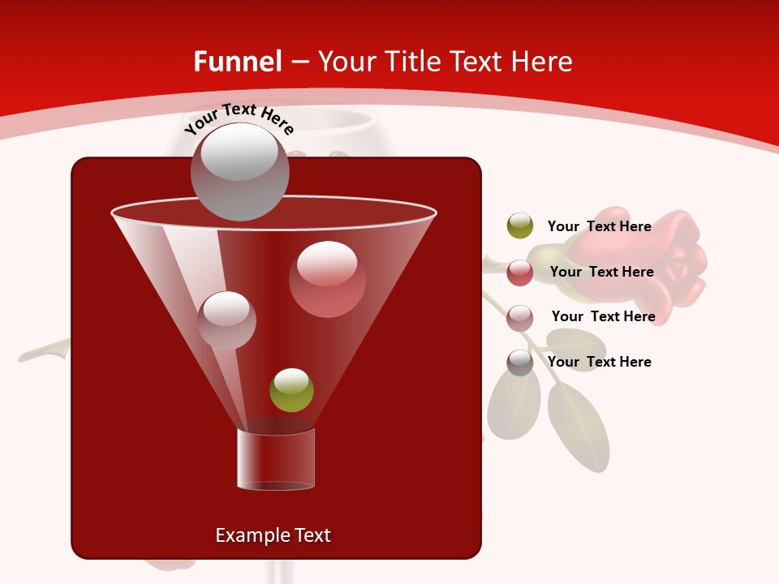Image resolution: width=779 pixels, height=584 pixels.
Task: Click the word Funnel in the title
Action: pos(238,62)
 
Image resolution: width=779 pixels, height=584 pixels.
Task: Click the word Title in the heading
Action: pos(412,62)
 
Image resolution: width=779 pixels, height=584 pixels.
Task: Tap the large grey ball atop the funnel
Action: pos(239,172)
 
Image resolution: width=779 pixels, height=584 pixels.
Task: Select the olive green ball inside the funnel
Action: pos(291,390)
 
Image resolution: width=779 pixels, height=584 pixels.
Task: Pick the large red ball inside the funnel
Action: pos(327,279)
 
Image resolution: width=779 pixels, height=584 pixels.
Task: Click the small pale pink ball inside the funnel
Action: pos(226,320)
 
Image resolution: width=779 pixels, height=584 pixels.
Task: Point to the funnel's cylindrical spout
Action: pos(276,458)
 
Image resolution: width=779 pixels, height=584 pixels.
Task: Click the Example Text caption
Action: pos(273,535)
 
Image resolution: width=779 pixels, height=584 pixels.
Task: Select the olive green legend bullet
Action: pos(520,226)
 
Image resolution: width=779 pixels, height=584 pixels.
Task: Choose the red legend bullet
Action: pos(520,273)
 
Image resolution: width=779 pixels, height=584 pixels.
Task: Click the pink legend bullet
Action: pos(520,318)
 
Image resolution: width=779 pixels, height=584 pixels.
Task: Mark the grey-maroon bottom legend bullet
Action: pos(520,363)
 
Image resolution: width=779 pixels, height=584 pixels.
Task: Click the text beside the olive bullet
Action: pos(599,227)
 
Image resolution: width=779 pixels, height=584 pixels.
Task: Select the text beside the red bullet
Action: pos(601,273)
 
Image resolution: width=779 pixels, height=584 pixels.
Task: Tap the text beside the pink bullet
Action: pos(603,317)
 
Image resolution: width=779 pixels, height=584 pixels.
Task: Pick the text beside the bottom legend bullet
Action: pos(599,363)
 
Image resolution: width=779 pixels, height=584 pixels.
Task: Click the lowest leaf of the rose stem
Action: pos(579,426)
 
